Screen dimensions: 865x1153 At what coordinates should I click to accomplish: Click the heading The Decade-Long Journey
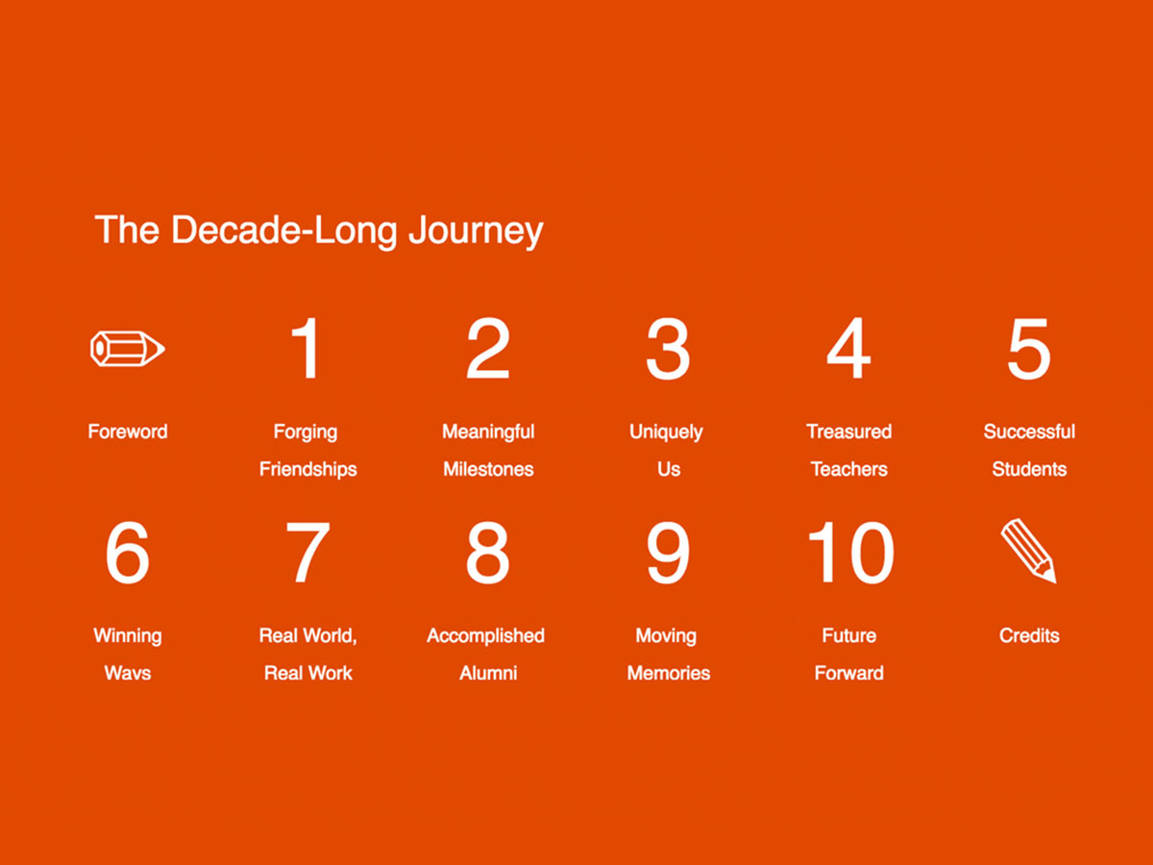click(x=319, y=231)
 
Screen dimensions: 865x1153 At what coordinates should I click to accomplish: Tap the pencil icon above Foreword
click(x=127, y=348)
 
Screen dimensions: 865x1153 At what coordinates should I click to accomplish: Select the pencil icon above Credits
click(x=1028, y=550)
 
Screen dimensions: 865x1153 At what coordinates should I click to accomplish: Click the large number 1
click(x=306, y=349)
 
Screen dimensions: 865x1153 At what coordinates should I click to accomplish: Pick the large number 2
click(x=487, y=349)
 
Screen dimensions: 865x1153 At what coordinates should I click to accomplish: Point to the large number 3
click(x=667, y=349)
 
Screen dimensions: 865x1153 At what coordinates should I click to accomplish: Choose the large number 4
click(x=848, y=349)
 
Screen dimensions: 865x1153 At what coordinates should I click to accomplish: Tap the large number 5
click(x=1028, y=349)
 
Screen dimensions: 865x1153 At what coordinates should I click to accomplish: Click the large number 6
click(x=127, y=553)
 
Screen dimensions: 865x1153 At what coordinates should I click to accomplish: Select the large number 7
click(x=307, y=553)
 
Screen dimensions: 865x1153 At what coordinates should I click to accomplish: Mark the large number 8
click(x=487, y=553)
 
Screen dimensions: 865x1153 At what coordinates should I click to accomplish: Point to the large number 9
click(x=667, y=553)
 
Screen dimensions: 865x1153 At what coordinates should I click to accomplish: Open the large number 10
click(x=850, y=553)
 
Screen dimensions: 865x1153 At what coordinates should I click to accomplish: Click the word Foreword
click(x=127, y=432)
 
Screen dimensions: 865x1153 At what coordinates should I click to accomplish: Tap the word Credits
click(x=1029, y=635)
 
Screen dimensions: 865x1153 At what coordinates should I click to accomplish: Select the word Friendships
click(x=307, y=469)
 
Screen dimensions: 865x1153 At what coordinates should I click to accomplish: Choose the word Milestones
click(x=488, y=469)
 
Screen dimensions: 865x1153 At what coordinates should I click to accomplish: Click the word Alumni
click(x=488, y=673)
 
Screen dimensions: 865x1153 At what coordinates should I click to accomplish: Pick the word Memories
click(x=668, y=673)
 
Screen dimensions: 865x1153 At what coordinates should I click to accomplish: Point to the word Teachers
click(x=848, y=469)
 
